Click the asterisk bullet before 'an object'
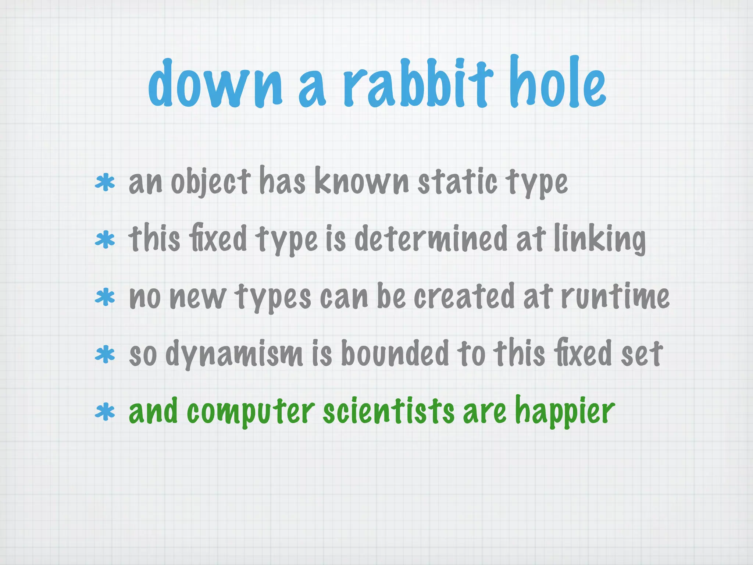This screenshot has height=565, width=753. (x=105, y=183)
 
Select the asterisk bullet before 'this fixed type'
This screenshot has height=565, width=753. (x=105, y=240)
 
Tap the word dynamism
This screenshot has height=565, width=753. (x=234, y=354)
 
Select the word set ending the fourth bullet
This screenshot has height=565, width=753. (x=642, y=354)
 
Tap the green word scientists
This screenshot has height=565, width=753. (x=389, y=411)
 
